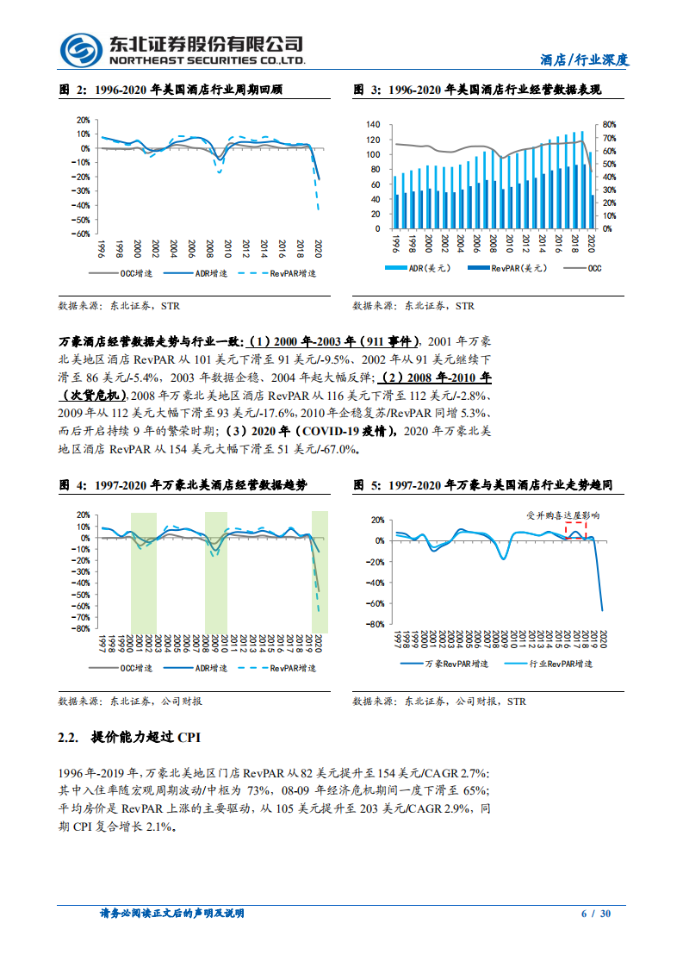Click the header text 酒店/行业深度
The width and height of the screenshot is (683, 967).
pyautogui.click(x=585, y=59)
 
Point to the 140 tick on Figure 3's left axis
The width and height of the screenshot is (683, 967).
pyautogui.click(x=372, y=124)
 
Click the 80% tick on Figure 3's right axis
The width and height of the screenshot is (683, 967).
pyautogui.click(x=609, y=124)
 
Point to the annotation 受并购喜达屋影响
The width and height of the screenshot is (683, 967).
pyautogui.click(x=562, y=515)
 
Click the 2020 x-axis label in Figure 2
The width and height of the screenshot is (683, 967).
pyautogui.click(x=319, y=247)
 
